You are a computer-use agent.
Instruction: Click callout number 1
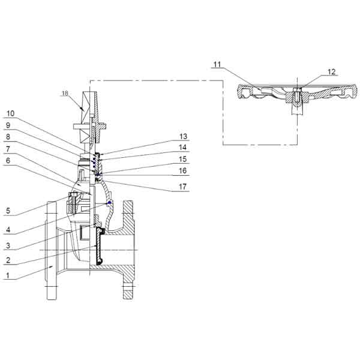(8, 275)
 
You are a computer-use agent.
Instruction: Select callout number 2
(8, 260)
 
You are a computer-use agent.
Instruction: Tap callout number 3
(8, 245)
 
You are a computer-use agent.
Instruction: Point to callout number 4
(8, 230)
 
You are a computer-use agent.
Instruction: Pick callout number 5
(8, 211)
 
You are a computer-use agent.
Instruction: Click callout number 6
(8, 160)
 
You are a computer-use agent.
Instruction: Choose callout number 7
(8, 149)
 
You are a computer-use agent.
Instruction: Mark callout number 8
(8, 137)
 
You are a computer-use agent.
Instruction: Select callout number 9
(8, 125)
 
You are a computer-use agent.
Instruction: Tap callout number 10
(10, 113)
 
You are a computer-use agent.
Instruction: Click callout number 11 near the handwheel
(217, 65)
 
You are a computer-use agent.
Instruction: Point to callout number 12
(332, 72)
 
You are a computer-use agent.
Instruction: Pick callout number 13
(183, 137)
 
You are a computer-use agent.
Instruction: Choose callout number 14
(183, 148)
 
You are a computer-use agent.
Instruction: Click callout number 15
(183, 159)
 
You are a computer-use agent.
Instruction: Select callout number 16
(183, 171)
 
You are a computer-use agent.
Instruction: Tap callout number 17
(183, 187)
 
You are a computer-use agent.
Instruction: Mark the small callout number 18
(65, 93)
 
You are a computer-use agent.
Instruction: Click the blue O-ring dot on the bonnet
(109, 202)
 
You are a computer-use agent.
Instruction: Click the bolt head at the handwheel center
(298, 89)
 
